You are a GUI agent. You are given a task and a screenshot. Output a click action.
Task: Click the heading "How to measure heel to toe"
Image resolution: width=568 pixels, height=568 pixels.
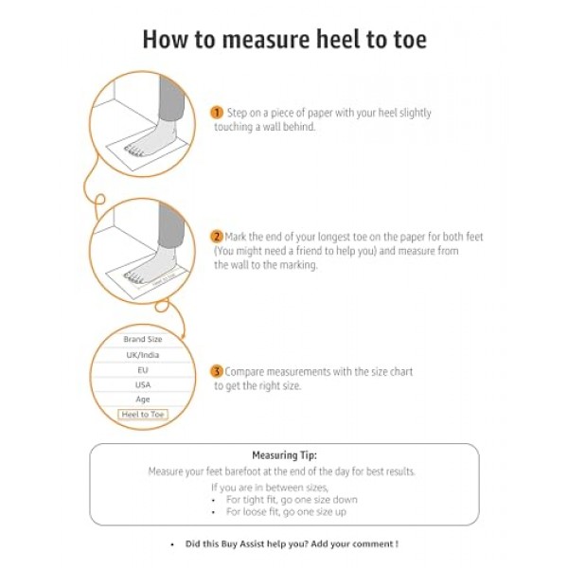pos(284,39)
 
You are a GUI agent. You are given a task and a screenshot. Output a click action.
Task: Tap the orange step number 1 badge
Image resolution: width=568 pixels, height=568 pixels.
pos(217,113)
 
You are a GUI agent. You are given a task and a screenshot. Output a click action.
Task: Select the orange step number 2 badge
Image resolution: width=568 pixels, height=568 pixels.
pos(217,236)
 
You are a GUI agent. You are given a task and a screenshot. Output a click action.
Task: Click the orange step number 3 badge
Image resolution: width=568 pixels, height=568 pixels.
pos(217,372)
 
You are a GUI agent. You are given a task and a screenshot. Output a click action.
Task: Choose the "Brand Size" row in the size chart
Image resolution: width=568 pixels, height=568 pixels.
pos(142,339)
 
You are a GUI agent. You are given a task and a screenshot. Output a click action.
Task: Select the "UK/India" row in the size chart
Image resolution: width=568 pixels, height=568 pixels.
pos(142,354)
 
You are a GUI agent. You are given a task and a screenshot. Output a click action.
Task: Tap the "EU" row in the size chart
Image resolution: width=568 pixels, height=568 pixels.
pos(142,369)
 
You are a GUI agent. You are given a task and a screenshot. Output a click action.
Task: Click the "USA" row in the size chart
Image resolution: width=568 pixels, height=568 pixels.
pos(142,384)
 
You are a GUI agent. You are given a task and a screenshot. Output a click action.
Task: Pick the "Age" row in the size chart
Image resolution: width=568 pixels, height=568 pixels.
pos(142,399)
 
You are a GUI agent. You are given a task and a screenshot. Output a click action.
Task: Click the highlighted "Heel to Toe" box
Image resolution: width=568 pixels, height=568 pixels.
pos(142,415)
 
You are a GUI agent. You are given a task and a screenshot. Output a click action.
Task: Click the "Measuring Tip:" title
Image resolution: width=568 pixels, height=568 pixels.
pos(284,455)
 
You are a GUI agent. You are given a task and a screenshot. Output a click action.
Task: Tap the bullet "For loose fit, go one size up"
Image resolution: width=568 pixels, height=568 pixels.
pos(286,511)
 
